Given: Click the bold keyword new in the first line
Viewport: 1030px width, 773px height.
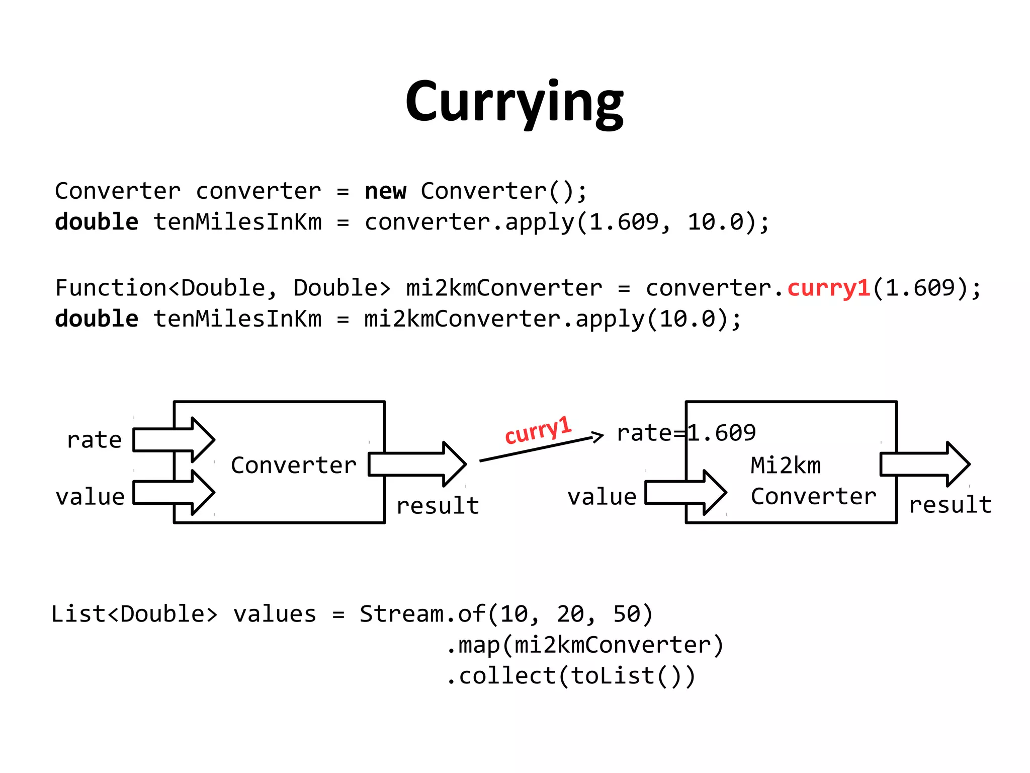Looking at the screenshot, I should (385, 191).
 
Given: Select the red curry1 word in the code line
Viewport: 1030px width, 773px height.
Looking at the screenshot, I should (828, 288).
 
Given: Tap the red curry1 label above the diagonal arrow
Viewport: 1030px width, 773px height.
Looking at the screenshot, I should (538, 430).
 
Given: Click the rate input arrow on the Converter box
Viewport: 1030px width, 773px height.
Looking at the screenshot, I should (174, 440).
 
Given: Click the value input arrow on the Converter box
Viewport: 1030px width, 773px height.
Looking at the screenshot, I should (174, 493).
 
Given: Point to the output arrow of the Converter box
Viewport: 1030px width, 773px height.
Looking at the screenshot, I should (417, 464).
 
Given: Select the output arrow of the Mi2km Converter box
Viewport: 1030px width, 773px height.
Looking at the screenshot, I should (924, 464).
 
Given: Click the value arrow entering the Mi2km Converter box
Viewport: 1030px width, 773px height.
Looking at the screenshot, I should (685, 493).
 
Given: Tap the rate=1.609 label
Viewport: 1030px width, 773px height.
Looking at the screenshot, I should (686, 433).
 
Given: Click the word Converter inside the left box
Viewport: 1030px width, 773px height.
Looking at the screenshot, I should (293, 465).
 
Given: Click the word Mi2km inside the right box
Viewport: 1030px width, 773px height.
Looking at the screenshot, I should (785, 466).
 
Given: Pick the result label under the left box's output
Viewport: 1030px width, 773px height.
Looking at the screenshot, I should (437, 506).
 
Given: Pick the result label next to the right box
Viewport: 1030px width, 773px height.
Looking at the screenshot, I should (950, 505).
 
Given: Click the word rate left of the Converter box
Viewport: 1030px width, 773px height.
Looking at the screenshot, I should (94, 440).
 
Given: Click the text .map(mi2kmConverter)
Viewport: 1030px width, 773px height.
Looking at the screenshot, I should (585, 645).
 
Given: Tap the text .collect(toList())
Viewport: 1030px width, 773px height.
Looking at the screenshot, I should (571, 676).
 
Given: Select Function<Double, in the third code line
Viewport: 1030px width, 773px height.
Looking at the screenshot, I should (165, 288).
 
